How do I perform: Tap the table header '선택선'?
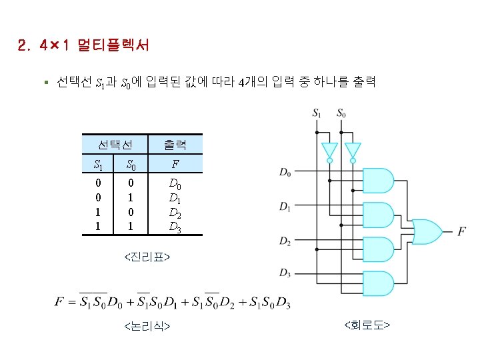(115, 144)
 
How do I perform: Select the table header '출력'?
(175, 144)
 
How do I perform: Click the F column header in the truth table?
(175, 164)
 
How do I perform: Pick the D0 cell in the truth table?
(175, 183)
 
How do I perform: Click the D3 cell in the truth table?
(175, 227)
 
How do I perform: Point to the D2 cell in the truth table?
(175, 213)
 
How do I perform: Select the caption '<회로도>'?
(367, 325)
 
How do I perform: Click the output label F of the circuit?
(461, 231)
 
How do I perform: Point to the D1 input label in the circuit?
(285, 207)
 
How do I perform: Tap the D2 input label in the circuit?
(285, 240)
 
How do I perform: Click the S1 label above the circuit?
(317, 113)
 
